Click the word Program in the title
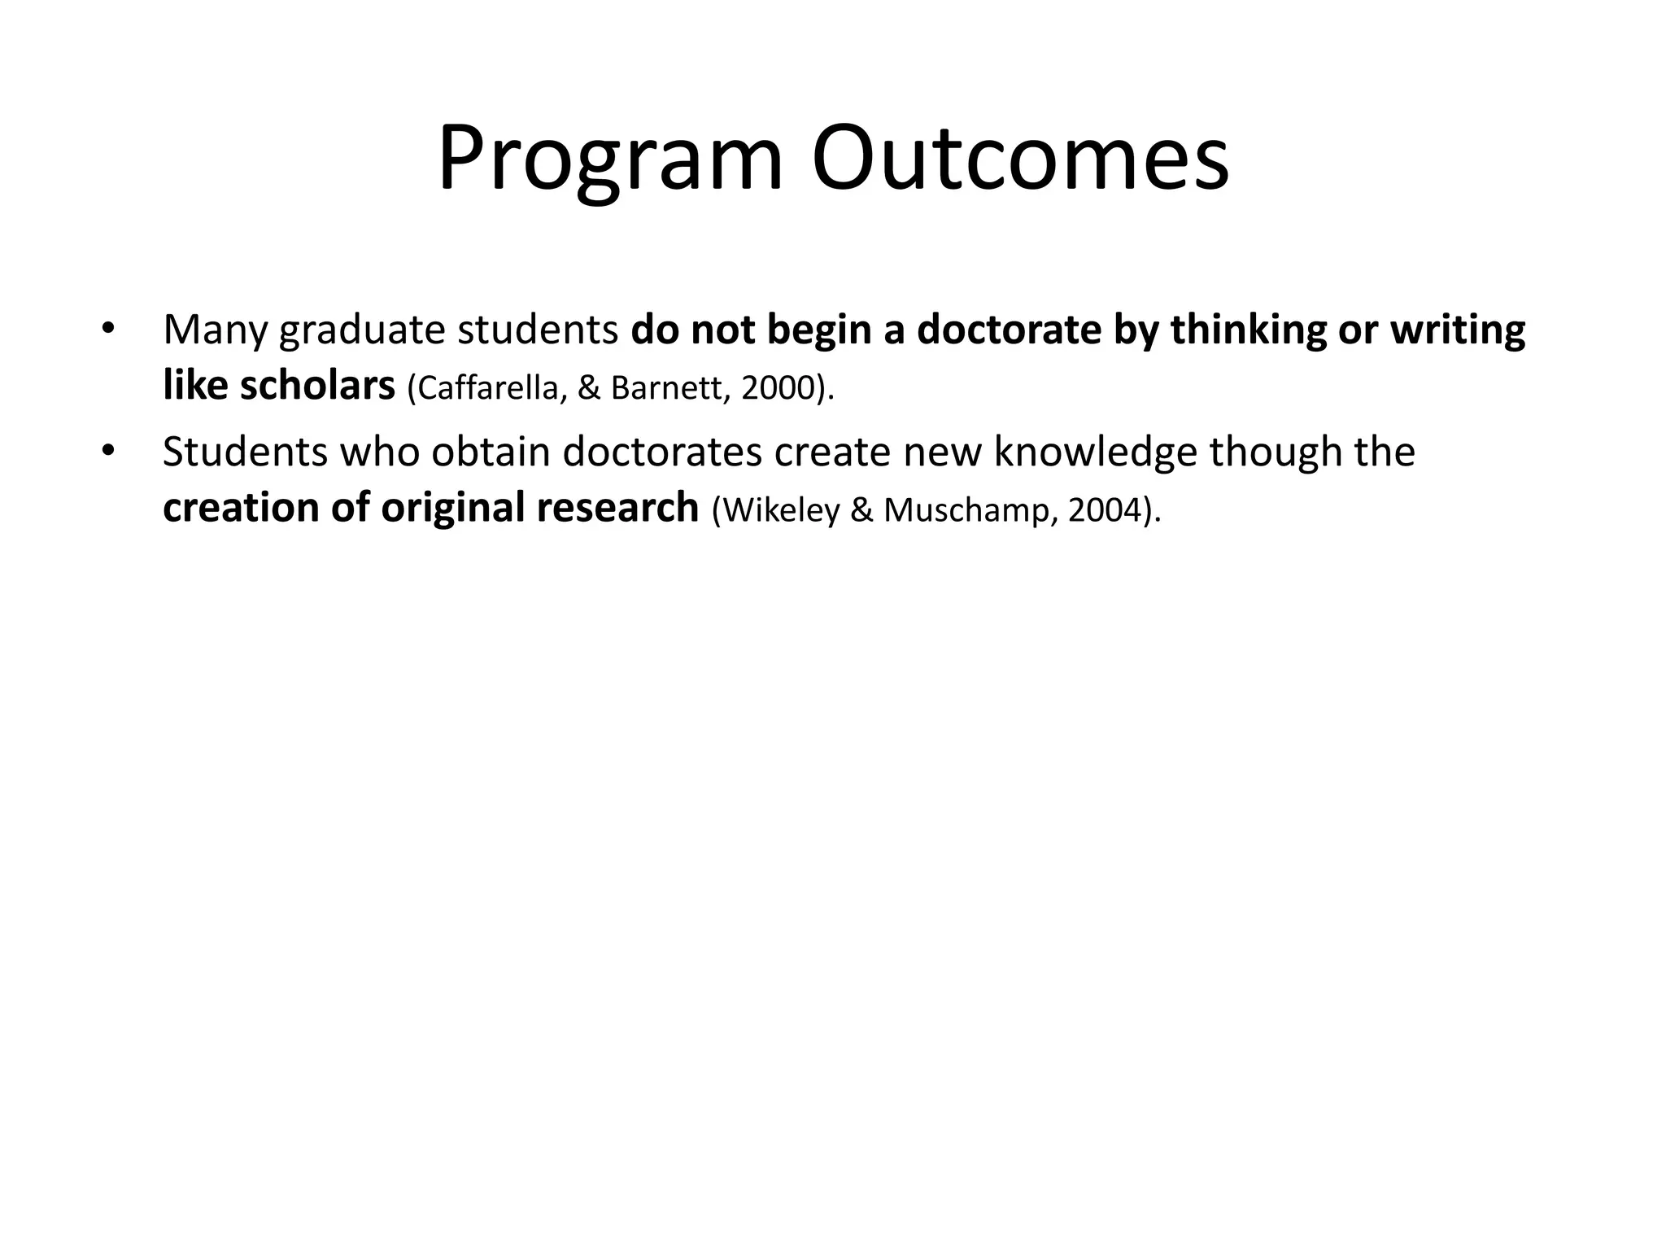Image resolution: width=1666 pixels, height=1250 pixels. pyautogui.click(x=610, y=159)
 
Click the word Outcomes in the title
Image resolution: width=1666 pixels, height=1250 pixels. pyautogui.click(x=1020, y=159)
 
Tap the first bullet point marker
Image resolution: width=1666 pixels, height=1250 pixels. pyautogui.click(x=107, y=330)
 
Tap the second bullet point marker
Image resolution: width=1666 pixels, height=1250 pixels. pyautogui.click(x=107, y=452)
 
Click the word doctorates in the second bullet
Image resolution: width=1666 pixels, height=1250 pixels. pyautogui.click(x=661, y=452)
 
